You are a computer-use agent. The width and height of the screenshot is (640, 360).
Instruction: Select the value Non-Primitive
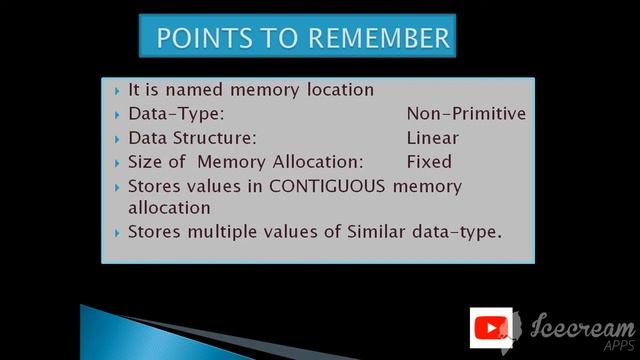(x=466, y=114)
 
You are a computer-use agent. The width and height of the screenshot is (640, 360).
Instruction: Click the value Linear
(x=433, y=138)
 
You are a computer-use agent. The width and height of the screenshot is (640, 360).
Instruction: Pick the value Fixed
(x=429, y=162)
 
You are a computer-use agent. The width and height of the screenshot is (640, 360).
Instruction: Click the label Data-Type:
(x=176, y=114)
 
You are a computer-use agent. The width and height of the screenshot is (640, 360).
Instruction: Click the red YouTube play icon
(x=491, y=328)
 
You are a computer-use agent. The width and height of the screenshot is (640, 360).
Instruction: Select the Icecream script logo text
(x=584, y=327)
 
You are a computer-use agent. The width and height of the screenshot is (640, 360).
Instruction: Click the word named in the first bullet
(x=197, y=90)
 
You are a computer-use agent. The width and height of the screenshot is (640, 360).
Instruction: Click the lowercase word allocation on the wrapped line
(x=169, y=208)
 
